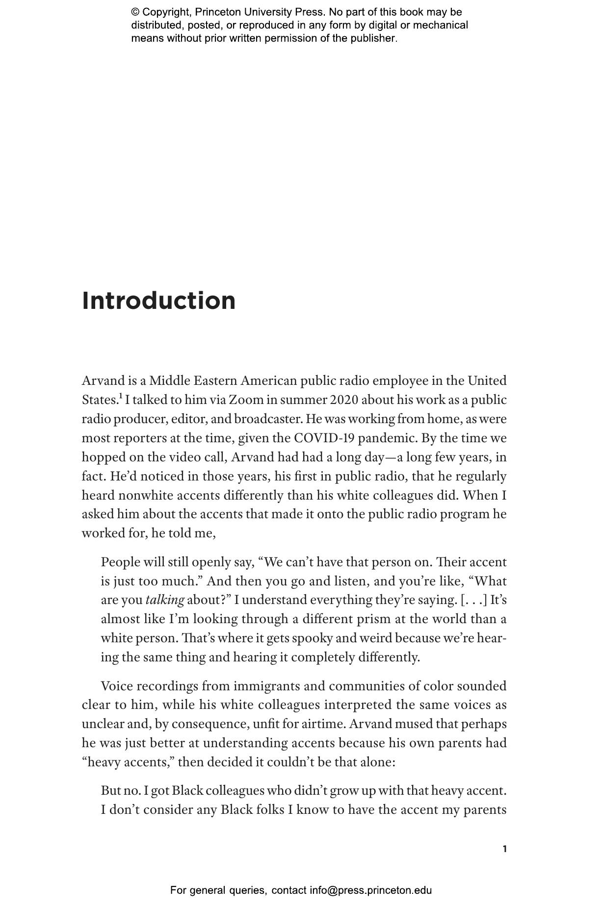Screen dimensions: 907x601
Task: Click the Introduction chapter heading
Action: pos(158,301)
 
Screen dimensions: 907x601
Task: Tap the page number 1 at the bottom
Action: pos(504,849)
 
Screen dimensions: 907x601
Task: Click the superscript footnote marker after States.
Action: pos(120,396)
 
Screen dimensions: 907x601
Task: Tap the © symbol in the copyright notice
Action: pos(135,12)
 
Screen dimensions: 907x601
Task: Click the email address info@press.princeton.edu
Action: pos(370,890)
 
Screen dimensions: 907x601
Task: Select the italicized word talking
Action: pos(165,600)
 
